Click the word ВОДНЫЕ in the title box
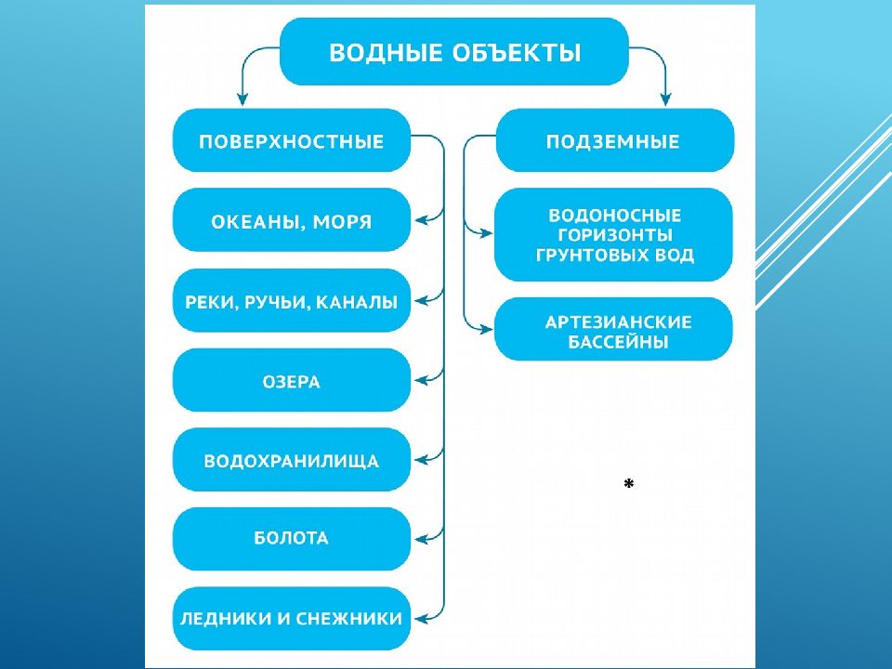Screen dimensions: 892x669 386,52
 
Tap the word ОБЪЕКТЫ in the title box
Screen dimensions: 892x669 518,52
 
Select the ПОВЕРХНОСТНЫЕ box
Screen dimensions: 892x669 291,140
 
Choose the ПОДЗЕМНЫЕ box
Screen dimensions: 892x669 615,140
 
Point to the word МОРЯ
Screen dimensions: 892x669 343,221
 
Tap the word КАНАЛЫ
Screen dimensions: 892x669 357,302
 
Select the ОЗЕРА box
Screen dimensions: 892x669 291,380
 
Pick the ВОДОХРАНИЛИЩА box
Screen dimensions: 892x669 291,460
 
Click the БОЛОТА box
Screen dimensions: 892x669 291,539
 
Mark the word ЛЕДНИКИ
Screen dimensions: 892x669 226,619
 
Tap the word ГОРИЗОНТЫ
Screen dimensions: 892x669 615,235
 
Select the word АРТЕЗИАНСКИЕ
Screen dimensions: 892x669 619,322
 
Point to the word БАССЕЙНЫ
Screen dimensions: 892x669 618,342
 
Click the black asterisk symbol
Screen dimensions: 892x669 629,483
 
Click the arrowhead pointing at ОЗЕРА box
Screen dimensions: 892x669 421,380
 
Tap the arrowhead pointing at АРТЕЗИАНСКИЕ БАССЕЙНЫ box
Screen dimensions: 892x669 486,329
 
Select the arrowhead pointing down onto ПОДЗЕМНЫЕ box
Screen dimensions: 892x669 665,99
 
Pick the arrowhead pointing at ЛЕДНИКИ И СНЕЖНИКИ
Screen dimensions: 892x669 421,619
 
